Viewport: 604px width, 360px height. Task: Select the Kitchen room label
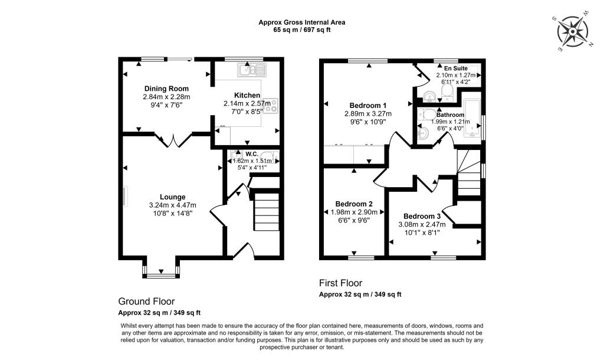pos(247,95)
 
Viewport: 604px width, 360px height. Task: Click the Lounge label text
pos(172,197)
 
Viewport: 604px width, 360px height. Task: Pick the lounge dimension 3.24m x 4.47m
pos(172,205)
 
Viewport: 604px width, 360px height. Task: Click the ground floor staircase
pos(266,215)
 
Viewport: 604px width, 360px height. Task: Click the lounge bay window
pos(161,271)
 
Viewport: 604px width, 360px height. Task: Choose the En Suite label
pos(455,68)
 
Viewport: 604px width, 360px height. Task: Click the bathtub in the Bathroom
pos(474,118)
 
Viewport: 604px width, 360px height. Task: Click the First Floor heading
pos(340,283)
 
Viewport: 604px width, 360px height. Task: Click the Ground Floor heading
pos(146,301)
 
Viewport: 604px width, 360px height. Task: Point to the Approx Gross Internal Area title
pos(302,22)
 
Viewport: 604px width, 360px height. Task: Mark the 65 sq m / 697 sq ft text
pos(302,30)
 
